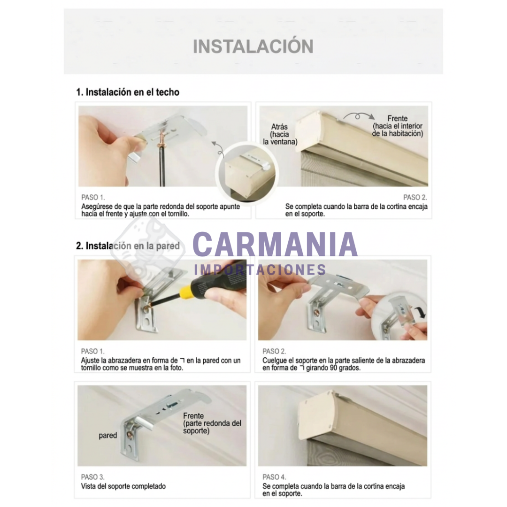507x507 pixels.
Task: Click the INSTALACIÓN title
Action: click(253, 46)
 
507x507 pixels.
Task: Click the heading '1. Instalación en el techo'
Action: click(128, 92)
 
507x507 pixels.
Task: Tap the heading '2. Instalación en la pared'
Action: click(128, 246)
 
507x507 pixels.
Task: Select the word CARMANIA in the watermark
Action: click(275, 244)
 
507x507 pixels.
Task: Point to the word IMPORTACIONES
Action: click(260, 269)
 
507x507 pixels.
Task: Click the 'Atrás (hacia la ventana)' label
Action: click(280, 134)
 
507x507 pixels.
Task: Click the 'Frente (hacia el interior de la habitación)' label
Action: click(398, 126)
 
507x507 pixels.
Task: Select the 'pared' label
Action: click(108, 435)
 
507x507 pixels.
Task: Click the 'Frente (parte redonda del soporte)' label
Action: click(212, 423)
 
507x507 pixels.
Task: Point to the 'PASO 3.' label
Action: click(93, 477)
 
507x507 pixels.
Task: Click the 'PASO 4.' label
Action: click(274, 477)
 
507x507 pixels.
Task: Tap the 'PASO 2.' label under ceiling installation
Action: click(415, 197)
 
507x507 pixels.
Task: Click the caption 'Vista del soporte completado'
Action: click(123, 486)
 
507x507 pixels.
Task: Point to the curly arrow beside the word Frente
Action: click(359, 116)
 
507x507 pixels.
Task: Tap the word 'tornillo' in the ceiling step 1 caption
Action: click(177, 214)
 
